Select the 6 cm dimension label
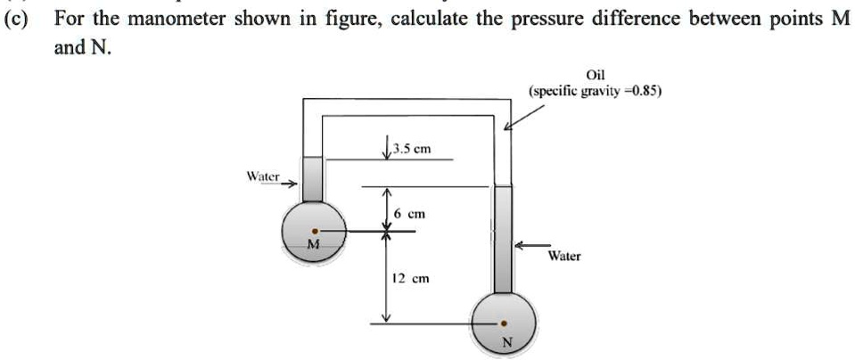(411, 215)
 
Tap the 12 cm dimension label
(414, 278)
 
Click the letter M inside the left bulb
(312, 244)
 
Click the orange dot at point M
(312, 229)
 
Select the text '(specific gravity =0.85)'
(595, 91)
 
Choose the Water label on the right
(564, 256)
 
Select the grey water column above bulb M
(312, 179)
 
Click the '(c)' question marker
(16, 19)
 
